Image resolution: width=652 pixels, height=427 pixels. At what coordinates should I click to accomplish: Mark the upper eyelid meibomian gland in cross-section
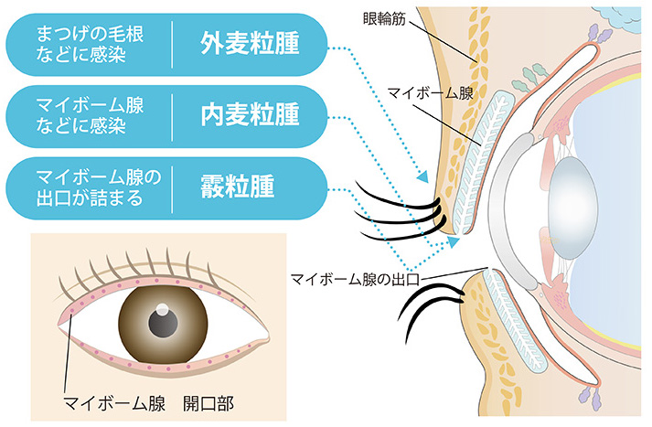pos(481,160)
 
